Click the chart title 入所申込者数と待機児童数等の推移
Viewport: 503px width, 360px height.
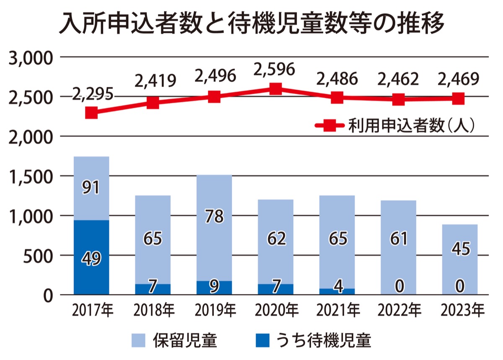click(251, 23)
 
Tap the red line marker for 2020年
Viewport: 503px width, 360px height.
click(275, 89)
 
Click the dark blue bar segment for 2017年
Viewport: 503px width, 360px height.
click(91, 257)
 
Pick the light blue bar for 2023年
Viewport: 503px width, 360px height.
click(460, 259)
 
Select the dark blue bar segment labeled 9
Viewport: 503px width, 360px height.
click(214, 287)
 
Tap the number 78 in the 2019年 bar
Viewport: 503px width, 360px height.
click(214, 217)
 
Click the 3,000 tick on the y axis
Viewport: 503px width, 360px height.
click(30, 57)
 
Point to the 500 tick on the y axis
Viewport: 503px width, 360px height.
click(37, 256)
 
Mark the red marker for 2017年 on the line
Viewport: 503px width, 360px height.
click(91, 112)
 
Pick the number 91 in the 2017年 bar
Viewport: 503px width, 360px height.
click(91, 187)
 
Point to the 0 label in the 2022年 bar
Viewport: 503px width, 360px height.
click(399, 286)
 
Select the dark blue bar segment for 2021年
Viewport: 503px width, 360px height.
click(337, 291)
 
